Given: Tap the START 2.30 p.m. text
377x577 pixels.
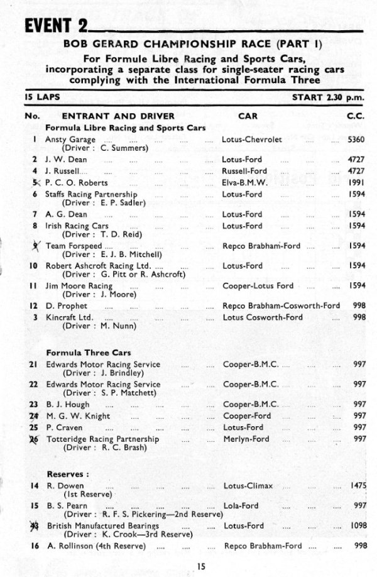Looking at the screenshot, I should click(328, 98).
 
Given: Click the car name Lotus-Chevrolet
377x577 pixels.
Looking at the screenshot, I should click(252, 140).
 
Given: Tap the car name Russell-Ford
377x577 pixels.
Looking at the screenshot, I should click(244, 171).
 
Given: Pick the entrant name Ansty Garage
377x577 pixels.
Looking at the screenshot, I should click(70, 140).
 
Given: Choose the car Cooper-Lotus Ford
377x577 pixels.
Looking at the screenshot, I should click(258, 286).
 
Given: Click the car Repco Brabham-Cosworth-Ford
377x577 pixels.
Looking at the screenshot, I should click(281, 306).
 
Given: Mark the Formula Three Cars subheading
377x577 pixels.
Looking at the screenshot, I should click(89, 353).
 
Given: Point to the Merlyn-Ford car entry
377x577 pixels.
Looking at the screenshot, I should click(246, 439).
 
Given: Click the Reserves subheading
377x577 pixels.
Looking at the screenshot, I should click(67, 473).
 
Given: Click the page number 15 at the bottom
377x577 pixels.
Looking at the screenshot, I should click(200, 566).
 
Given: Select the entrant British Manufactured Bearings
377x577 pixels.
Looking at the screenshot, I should click(103, 525).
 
